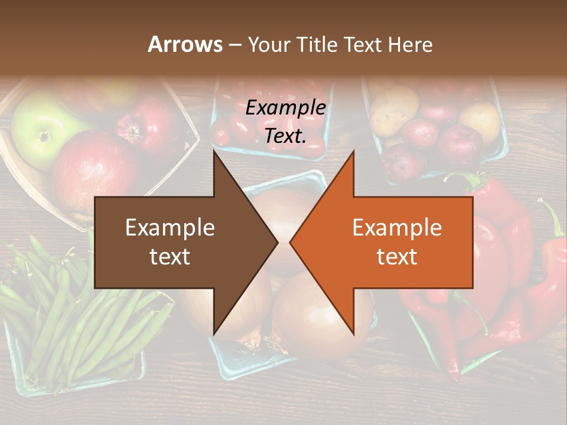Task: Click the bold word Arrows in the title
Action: point(184,44)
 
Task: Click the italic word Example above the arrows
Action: point(286,108)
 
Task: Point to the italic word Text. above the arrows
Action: point(285,136)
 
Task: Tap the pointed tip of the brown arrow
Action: point(276,242)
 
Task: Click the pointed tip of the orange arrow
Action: point(291,242)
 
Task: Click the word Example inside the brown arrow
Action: point(170,228)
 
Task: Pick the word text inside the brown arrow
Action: point(170,256)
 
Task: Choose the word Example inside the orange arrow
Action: point(397,228)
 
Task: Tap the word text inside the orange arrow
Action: point(397,256)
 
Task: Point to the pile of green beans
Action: point(65,319)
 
